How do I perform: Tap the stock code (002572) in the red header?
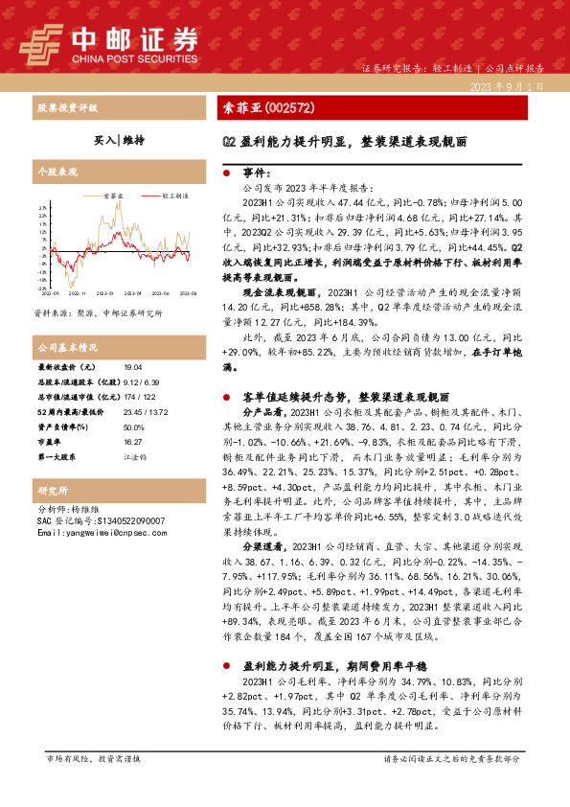click(x=283, y=107)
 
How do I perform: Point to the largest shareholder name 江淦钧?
click(x=136, y=457)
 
